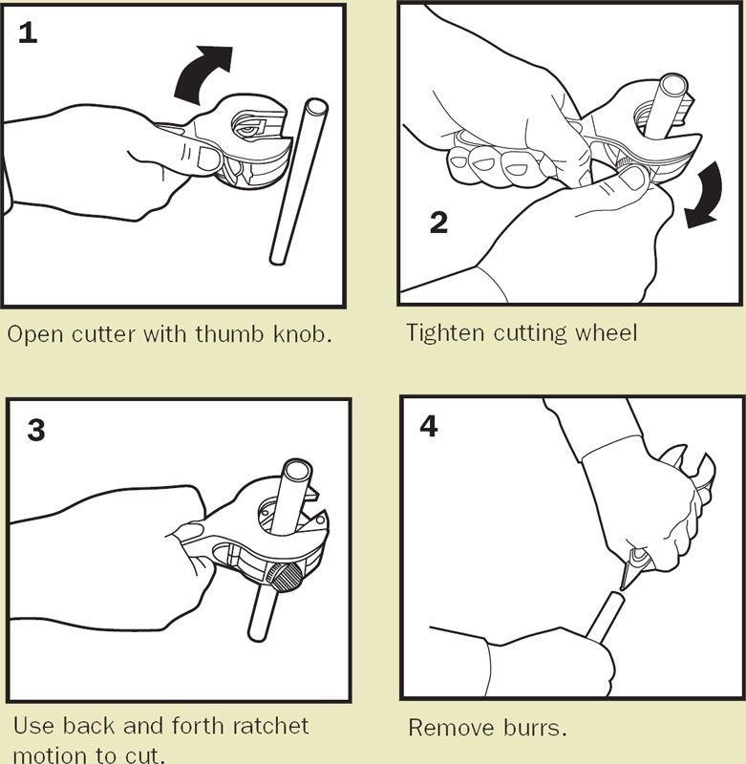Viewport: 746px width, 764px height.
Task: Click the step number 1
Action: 28,32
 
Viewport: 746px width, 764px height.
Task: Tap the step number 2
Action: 438,223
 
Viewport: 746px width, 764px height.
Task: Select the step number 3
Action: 36,430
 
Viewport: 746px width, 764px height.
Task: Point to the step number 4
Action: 428,426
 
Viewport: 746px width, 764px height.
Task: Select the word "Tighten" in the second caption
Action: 445,333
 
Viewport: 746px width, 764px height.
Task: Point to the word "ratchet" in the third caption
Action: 269,726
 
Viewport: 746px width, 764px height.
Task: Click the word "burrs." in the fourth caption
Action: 535,728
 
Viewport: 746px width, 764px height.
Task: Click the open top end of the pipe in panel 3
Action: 297,472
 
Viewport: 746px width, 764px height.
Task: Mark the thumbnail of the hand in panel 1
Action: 209,159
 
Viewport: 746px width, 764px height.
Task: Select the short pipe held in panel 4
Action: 607,615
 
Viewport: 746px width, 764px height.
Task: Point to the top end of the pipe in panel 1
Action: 316,107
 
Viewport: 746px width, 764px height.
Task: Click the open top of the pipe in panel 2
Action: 673,86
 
